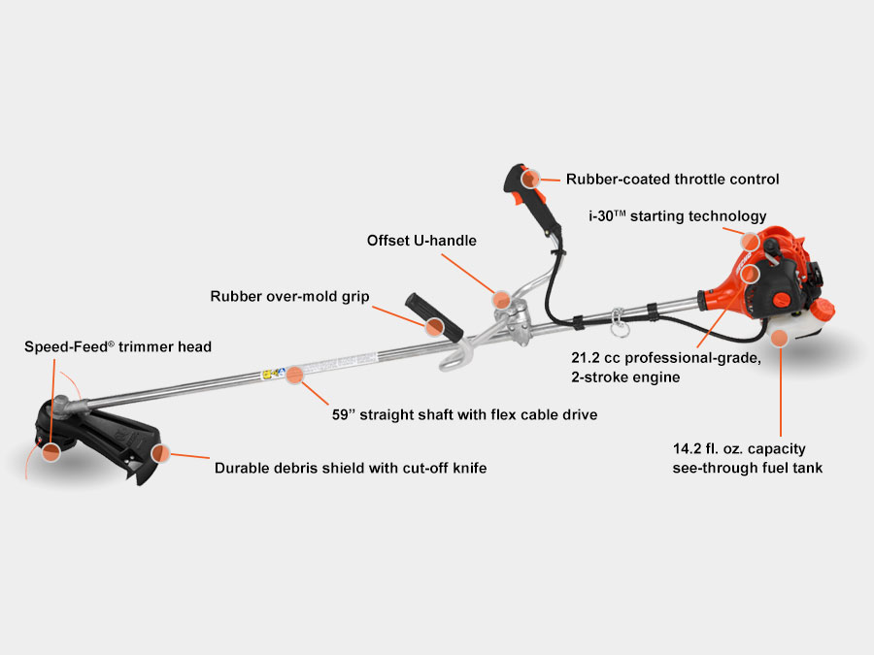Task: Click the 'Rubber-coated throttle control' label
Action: pyautogui.click(x=673, y=179)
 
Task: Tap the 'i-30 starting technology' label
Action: pyautogui.click(x=677, y=215)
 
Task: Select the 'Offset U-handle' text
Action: pyautogui.click(x=421, y=240)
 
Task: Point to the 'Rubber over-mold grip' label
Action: pyautogui.click(x=289, y=296)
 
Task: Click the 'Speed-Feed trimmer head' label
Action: pyautogui.click(x=118, y=345)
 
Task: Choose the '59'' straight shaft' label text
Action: pyautogui.click(x=464, y=414)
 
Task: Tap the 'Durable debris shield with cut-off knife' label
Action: pyautogui.click(x=350, y=468)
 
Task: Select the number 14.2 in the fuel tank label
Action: pyautogui.click(x=689, y=450)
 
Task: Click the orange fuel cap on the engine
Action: pyautogui.click(x=824, y=311)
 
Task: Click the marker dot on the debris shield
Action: pyautogui.click(x=160, y=453)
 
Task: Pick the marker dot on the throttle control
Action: pyautogui.click(x=529, y=179)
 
